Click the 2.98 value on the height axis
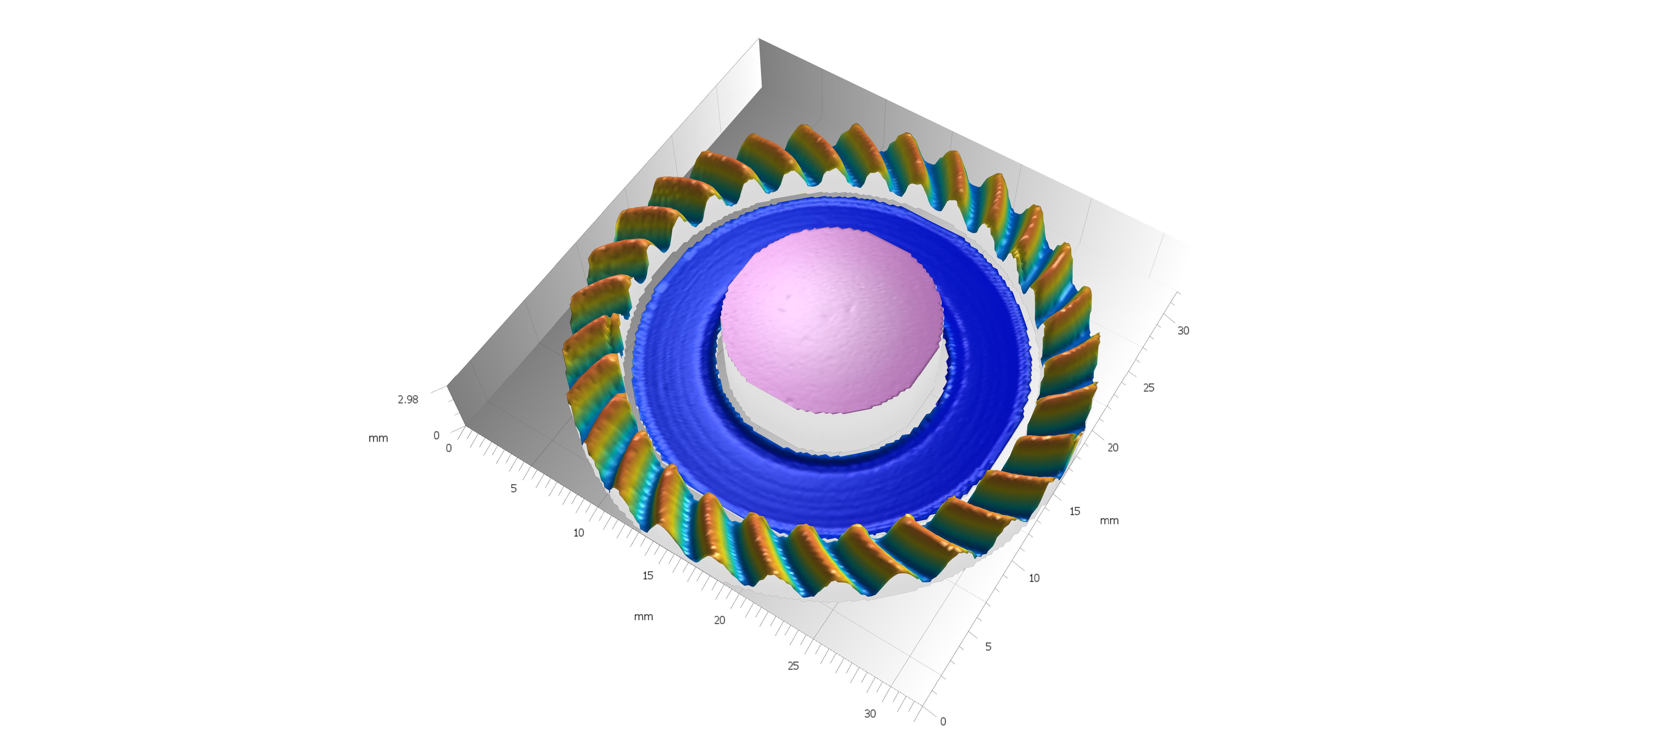click(x=408, y=399)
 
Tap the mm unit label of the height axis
click(x=378, y=438)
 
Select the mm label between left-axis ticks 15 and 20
click(x=643, y=617)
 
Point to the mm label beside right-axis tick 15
click(x=1109, y=520)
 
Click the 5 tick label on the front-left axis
click(x=514, y=488)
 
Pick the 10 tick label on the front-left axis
click(x=579, y=533)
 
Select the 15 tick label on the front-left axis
click(x=648, y=575)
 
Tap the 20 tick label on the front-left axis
click(x=719, y=620)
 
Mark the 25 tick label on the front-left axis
click(x=793, y=666)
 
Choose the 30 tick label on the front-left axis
click(x=870, y=713)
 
